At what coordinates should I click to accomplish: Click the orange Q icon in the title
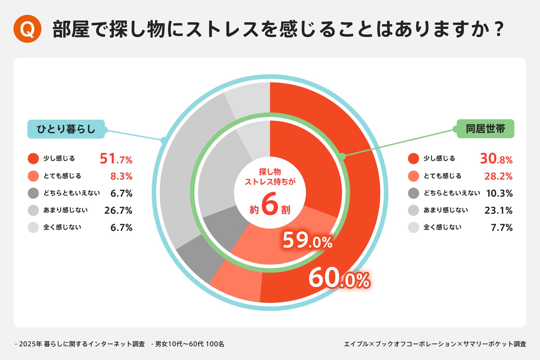27,29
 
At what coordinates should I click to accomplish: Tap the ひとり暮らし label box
66,129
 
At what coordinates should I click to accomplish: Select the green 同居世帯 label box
485,129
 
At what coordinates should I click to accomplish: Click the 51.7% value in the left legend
116,159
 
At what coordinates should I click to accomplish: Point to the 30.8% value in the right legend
496,159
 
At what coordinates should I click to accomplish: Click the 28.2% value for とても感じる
498,176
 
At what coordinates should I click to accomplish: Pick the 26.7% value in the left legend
118,210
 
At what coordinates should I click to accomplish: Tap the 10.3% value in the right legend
499,193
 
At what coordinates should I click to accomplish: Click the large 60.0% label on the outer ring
339,279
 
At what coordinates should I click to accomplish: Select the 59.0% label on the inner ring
307,240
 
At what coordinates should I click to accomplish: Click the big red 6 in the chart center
270,204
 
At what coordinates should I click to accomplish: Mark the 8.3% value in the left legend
121,176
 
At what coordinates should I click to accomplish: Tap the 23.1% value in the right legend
498,210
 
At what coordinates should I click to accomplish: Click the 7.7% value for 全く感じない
502,228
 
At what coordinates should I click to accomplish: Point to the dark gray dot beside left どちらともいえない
33,193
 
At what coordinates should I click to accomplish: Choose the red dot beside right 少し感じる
413,159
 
